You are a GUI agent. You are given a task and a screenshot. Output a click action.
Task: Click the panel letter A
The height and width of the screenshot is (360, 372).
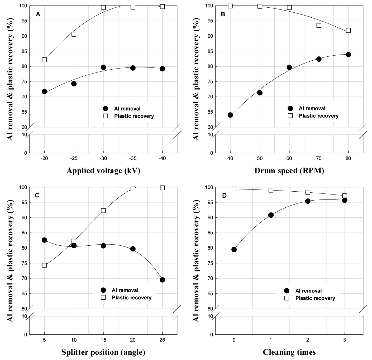(38, 14)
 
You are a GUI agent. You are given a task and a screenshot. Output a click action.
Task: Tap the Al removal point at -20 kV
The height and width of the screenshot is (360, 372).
(44, 92)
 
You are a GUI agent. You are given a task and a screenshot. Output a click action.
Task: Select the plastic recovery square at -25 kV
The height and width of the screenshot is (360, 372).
(74, 34)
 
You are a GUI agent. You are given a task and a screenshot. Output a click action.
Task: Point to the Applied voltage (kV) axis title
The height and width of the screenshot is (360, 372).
(103, 171)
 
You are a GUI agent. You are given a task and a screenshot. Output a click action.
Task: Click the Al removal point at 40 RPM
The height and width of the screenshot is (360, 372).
(230, 115)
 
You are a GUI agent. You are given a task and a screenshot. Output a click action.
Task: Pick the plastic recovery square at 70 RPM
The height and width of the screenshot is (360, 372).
(319, 25)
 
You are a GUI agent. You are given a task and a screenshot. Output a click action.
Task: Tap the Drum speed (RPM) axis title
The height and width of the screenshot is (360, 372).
(289, 171)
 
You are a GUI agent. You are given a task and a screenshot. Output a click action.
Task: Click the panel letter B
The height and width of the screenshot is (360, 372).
(223, 14)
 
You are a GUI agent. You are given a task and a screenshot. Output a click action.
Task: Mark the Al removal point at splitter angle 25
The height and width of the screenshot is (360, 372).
(162, 280)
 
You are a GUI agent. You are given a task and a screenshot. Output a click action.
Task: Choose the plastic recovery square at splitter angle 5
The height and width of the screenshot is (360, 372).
(44, 265)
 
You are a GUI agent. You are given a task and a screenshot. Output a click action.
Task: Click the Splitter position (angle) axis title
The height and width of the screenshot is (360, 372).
(103, 352)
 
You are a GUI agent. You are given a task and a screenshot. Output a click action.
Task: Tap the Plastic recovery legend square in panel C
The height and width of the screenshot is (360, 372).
(103, 298)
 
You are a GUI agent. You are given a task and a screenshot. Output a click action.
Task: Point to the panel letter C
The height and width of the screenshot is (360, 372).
(37, 195)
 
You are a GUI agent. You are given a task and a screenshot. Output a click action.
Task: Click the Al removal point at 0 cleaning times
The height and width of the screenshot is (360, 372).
(234, 249)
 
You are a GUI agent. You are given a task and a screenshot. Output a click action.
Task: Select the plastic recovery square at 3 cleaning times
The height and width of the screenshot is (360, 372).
(345, 196)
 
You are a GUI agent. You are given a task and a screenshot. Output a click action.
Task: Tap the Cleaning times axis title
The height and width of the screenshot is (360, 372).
(289, 352)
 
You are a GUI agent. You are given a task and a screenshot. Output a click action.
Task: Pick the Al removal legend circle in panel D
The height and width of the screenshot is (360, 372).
(287, 291)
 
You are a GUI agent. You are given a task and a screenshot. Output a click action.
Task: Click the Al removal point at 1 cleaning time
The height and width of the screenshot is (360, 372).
(271, 215)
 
